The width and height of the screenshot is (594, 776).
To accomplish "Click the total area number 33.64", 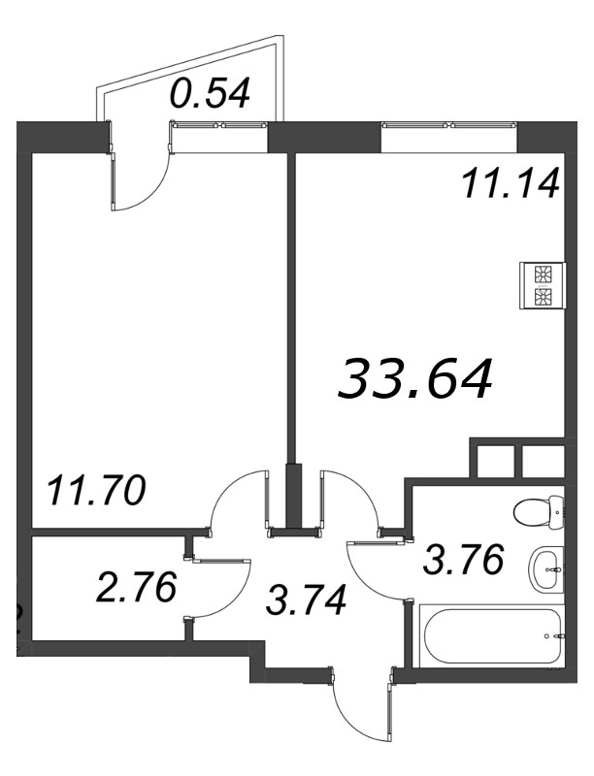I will (414, 377).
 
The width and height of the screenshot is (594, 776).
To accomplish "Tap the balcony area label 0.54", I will (210, 93).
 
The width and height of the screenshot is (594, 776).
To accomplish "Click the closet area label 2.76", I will (136, 588).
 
